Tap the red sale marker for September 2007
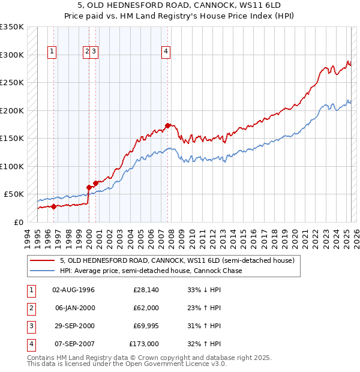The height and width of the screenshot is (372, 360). point(168,125)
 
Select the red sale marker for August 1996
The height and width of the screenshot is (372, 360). point(53,206)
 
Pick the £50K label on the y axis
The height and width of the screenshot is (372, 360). point(14,194)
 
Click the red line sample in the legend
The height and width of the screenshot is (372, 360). point(42,261)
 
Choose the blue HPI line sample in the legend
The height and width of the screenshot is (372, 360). point(42,271)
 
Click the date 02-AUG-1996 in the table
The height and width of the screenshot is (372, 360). point(74,290)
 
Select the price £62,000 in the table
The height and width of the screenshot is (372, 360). point(146,308)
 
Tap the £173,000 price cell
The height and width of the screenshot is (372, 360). point(144,344)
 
